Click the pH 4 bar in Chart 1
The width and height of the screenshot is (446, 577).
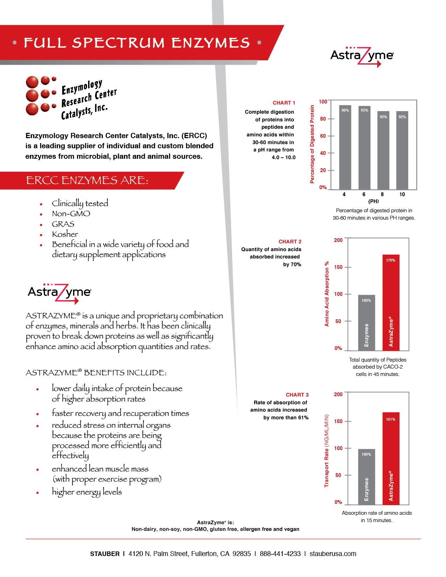(345, 147)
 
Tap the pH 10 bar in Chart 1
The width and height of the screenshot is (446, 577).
(402, 150)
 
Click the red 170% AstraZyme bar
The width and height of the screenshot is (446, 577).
(391, 302)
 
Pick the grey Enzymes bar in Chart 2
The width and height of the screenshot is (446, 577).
(366, 322)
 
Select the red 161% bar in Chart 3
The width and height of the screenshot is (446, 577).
(391, 458)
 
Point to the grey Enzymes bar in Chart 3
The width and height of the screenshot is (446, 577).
(366, 477)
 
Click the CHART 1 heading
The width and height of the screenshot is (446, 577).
(284, 103)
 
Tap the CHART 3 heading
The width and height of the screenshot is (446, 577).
(297, 395)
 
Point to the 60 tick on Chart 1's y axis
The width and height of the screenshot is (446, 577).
(323, 136)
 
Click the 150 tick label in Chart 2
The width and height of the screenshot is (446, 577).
(338, 267)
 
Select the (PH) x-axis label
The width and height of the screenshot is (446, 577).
(373, 201)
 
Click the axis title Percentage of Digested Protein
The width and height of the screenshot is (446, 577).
(312, 144)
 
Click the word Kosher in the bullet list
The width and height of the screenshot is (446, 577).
(65, 234)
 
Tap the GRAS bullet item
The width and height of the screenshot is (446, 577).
(63, 224)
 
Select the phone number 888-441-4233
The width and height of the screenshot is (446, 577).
(280, 554)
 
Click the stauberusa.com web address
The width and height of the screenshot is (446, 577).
(333, 554)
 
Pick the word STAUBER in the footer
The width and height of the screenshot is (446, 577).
(105, 554)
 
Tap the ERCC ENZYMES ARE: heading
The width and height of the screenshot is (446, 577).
(87, 180)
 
